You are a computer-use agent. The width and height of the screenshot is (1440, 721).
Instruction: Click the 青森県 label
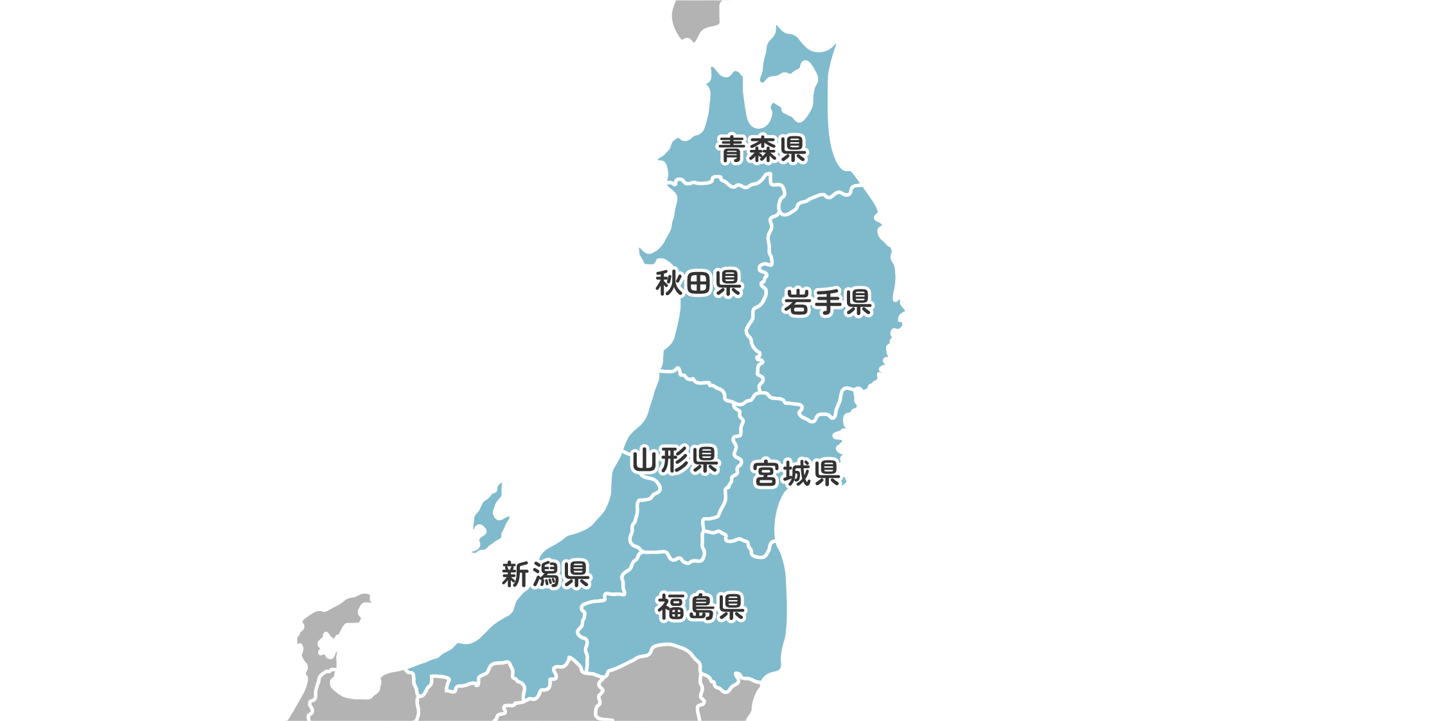[762, 150]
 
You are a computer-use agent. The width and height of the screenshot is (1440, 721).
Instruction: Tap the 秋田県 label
[698, 283]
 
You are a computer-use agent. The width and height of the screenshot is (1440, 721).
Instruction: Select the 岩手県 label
[828, 302]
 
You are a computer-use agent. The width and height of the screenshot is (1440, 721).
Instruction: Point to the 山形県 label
[675, 461]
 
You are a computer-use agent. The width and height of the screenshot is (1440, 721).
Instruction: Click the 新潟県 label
[546, 574]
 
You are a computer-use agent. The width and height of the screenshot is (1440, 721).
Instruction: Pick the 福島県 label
[700, 607]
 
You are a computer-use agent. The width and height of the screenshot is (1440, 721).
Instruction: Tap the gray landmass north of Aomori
[693, 18]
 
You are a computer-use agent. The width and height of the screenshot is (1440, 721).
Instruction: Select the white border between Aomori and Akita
[726, 183]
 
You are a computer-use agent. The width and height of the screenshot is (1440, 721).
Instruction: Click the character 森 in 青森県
[762, 150]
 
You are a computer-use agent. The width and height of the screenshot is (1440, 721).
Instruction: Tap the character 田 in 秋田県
[698, 283]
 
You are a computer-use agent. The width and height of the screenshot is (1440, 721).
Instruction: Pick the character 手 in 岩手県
[828, 302]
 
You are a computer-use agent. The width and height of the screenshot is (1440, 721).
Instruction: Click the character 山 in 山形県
[644, 461]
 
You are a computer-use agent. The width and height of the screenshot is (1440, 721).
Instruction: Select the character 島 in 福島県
[700, 607]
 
